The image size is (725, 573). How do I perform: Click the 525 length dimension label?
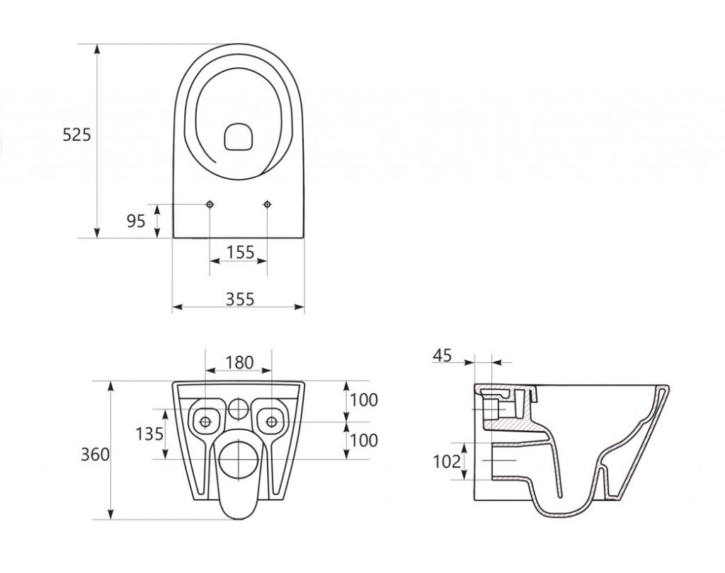[77, 135]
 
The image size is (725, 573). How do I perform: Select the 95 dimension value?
[136, 221]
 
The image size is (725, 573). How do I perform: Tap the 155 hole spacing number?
[240, 253]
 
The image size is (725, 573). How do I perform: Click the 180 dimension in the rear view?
[239, 362]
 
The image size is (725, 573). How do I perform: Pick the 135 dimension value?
[150, 434]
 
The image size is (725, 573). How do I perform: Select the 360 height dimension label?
[96, 454]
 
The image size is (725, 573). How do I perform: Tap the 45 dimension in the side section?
[443, 356]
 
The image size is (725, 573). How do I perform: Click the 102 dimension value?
[447, 461]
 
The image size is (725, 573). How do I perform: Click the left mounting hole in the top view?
[210, 204]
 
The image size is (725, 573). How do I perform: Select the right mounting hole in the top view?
[267, 204]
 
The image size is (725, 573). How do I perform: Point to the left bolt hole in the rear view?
[205, 422]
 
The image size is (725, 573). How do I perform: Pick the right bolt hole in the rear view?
[271, 422]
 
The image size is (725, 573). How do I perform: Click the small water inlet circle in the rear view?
[239, 407]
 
